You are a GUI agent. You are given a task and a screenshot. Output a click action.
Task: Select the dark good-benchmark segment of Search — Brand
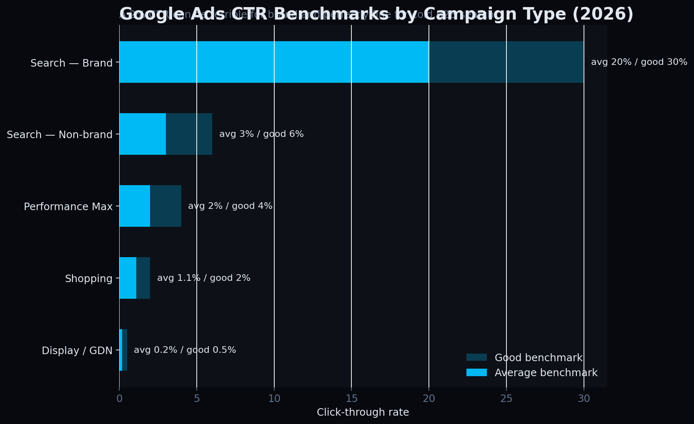coord(506,62)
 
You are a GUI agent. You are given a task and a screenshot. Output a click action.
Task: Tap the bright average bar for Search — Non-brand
coord(143,134)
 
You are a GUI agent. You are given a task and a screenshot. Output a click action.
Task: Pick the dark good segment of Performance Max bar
coord(165,206)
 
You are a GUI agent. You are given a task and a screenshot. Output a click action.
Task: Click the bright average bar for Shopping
coord(128,278)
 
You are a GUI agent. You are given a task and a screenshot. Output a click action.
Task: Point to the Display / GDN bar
coord(123,350)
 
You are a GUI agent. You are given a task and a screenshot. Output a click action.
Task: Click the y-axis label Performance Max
coord(68,206)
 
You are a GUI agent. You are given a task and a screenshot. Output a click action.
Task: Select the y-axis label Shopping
coord(89,278)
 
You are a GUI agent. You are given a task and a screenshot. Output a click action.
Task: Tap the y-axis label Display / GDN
coord(77,350)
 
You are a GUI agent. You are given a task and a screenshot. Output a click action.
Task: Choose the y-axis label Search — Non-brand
coord(60,134)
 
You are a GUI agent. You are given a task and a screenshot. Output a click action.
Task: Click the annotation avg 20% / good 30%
coord(639,62)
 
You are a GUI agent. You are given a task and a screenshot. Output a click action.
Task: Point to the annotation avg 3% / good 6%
coord(261,134)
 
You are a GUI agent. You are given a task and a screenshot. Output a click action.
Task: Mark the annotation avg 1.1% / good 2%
coord(203,278)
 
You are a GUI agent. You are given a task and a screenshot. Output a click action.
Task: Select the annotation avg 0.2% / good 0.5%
coord(185,350)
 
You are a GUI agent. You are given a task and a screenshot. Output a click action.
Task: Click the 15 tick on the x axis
coord(351,399)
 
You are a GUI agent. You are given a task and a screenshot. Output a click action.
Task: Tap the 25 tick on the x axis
coord(506,399)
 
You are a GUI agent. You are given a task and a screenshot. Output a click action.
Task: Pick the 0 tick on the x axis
coord(120,399)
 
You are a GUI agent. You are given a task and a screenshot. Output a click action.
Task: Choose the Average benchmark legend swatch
coord(476,372)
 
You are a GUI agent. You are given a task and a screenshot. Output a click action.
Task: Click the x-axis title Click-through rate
coord(363,412)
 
